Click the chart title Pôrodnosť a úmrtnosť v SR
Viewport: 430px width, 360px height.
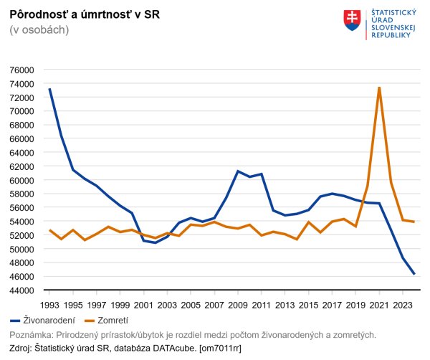pyautogui.click(x=80, y=14)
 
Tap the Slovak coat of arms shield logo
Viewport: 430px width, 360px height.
pyautogui.click(x=353, y=20)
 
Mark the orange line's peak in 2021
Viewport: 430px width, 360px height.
pyautogui.click(x=379, y=87)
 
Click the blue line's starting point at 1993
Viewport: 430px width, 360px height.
pyautogui.click(x=49, y=89)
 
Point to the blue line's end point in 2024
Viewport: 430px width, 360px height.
pyautogui.click(x=414, y=274)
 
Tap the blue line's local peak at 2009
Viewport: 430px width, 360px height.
pyautogui.click(x=238, y=171)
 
